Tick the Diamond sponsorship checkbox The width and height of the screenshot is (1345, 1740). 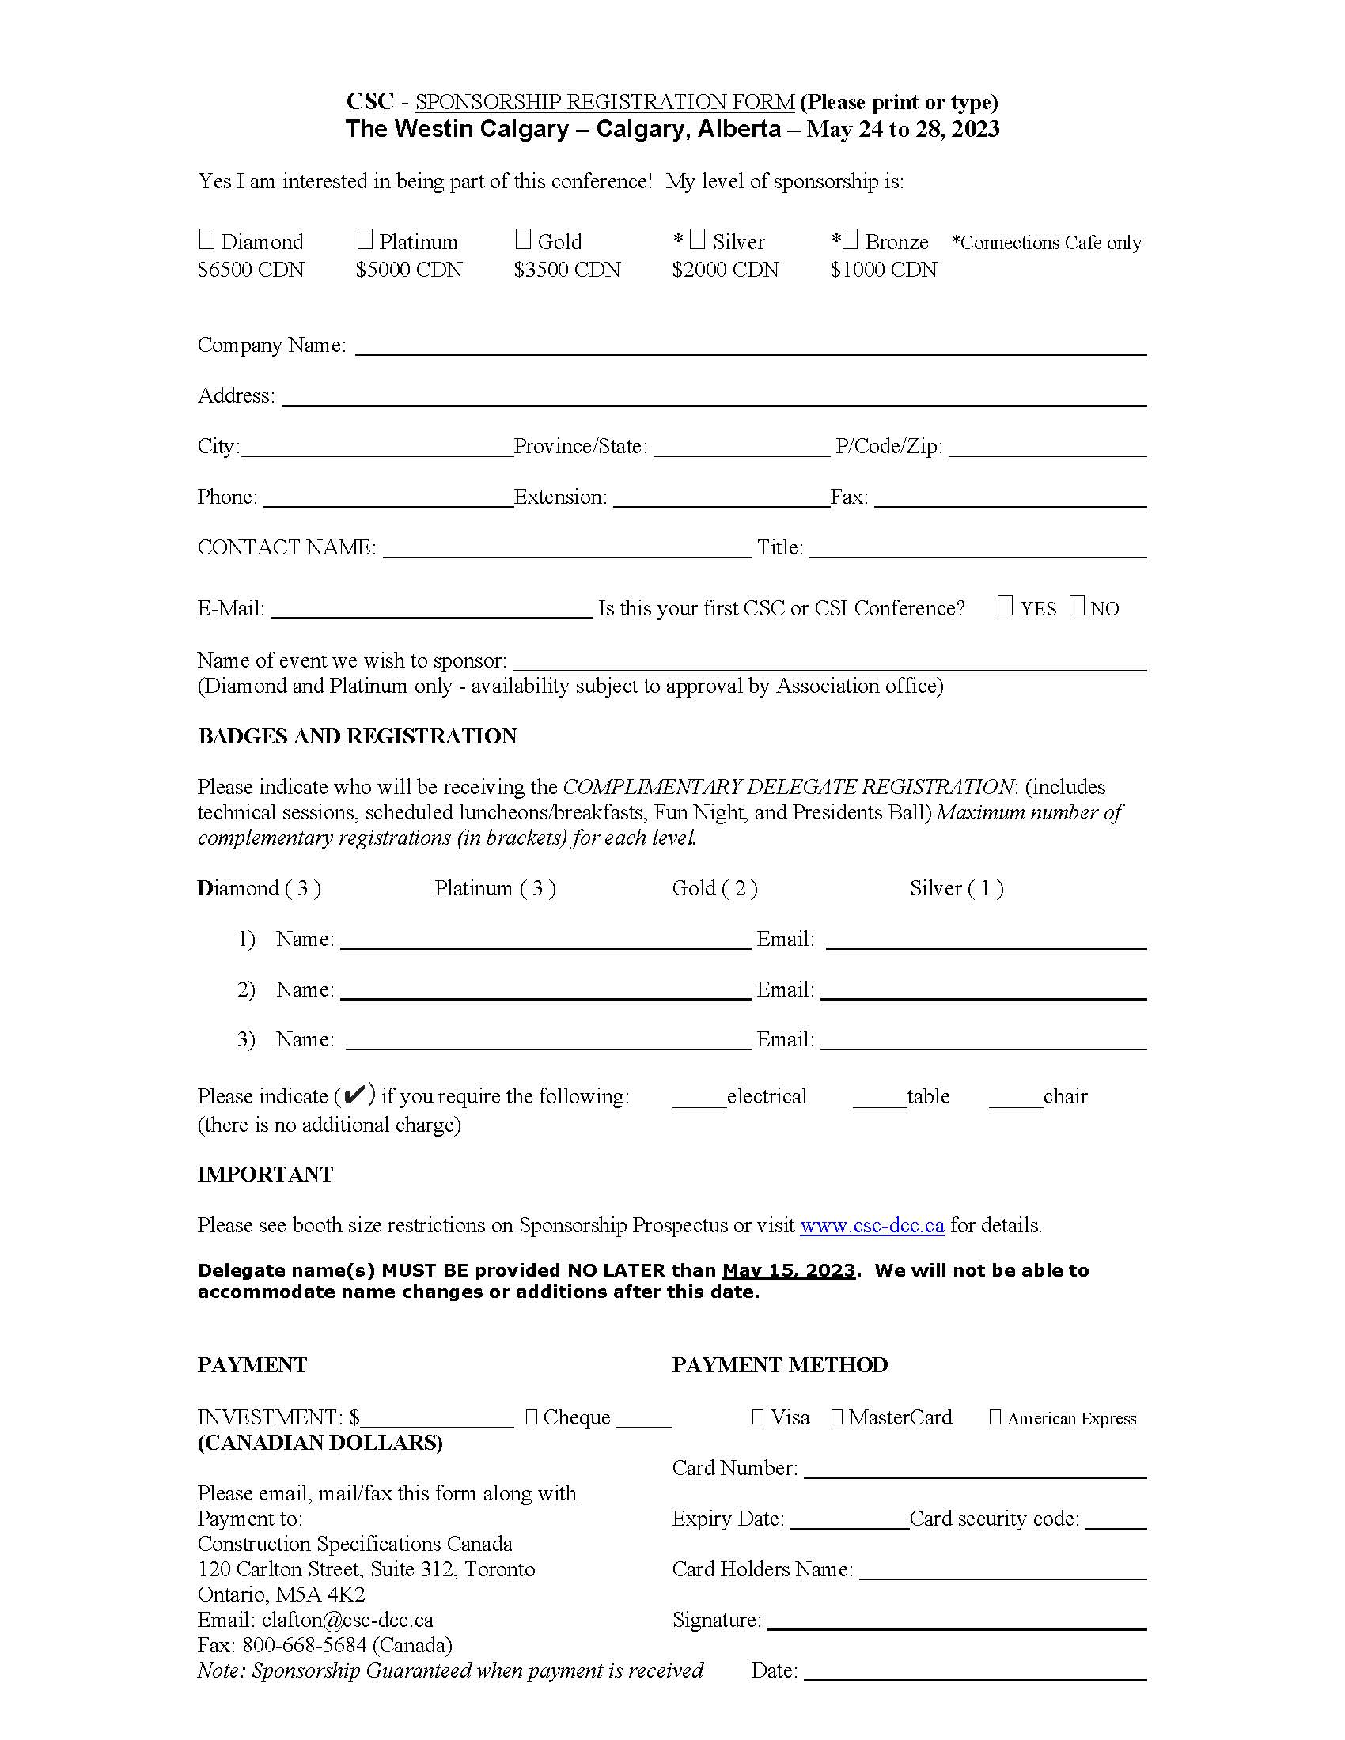tap(206, 239)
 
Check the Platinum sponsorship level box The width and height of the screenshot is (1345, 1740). tap(365, 239)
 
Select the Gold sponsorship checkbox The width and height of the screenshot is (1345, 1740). tap(523, 239)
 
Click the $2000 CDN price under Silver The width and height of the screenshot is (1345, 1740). tap(725, 270)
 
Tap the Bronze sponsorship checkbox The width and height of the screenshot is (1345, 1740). tap(851, 239)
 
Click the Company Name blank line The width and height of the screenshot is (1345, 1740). tap(750, 347)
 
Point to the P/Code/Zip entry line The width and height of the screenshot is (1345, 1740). tap(1047, 448)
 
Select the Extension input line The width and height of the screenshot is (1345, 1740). tap(721, 500)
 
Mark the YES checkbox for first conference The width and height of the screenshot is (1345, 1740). tap(1005, 607)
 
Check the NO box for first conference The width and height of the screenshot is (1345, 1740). tap(1077, 607)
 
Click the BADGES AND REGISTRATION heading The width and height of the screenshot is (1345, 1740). tap(357, 736)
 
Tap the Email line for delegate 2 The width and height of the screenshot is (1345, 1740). tap(983, 992)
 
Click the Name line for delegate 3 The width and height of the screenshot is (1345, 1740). tap(548, 1042)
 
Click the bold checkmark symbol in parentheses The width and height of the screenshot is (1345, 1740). tap(354, 1095)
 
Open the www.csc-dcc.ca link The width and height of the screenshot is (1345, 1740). tap(872, 1225)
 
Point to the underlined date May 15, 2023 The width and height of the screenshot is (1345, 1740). tap(788, 1271)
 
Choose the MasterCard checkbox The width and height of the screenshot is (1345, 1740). tap(836, 1417)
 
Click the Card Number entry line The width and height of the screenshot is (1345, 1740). tap(975, 1471)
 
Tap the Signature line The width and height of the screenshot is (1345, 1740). tap(956, 1622)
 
